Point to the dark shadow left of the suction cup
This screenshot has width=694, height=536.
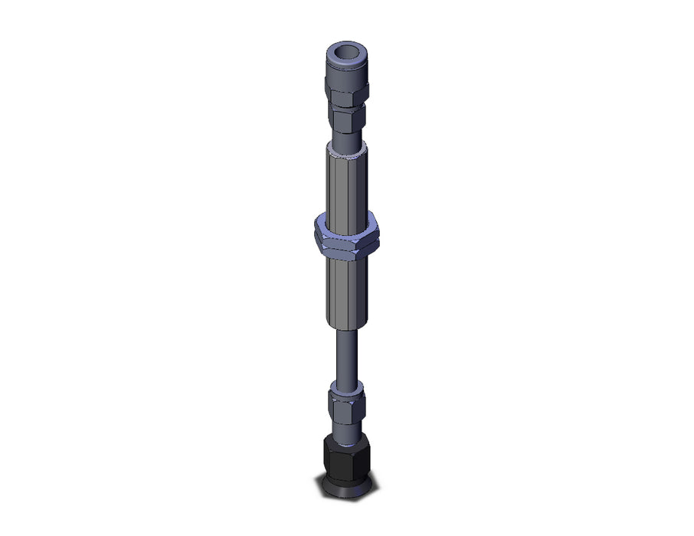[x=326, y=485]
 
